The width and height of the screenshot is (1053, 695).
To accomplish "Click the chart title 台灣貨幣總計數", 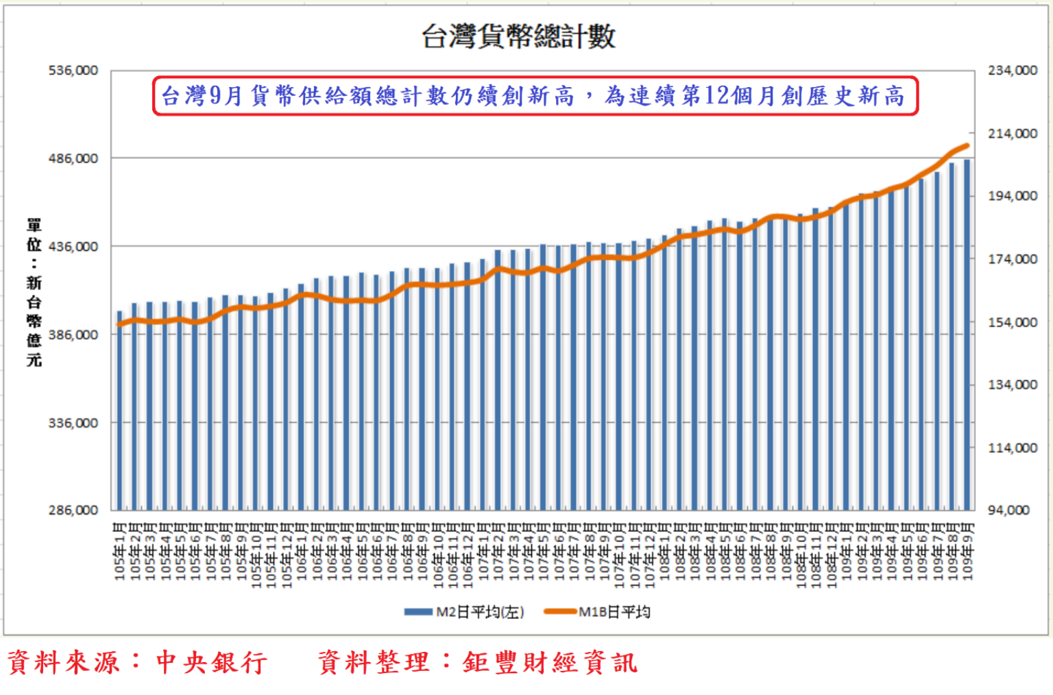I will pos(518,36).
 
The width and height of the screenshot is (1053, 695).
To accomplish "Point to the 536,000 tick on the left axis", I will pos(73,71).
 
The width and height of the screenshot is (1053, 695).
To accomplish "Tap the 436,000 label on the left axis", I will pos(73,247).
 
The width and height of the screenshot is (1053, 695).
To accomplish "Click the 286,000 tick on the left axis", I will pos(73,511).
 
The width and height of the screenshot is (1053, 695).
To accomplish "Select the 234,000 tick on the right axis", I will pos(1013,71).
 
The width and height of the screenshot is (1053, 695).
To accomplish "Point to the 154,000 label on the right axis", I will pos(1013,322).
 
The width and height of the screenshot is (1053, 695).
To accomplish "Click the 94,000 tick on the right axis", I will pos(1008,511).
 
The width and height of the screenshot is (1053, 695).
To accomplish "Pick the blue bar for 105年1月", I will pos(120,411).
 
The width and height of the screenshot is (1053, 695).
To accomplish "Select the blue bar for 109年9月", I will pos(967,336).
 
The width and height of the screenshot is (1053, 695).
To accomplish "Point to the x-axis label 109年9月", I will pos(967,552).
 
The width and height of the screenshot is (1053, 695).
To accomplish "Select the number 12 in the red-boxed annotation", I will pos(716,96).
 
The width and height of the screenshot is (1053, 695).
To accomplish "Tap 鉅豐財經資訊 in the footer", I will pos(550,663).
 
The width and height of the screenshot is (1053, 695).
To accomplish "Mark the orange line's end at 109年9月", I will pos(967,145).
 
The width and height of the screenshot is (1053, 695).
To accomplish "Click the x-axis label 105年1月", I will pos(120,552).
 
